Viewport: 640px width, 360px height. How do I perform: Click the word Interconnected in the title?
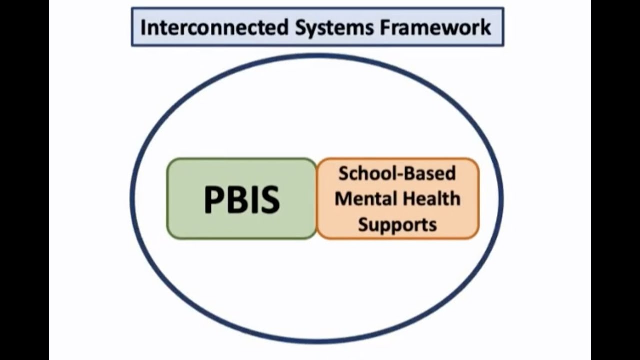(214, 27)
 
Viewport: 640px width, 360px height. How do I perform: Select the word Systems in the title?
(334, 27)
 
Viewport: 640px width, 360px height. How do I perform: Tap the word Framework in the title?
(436, 27)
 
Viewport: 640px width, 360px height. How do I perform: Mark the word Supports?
(397, 224)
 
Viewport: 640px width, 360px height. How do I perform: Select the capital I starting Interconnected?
(143, 27)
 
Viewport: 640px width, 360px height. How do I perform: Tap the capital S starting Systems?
(300, 27)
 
